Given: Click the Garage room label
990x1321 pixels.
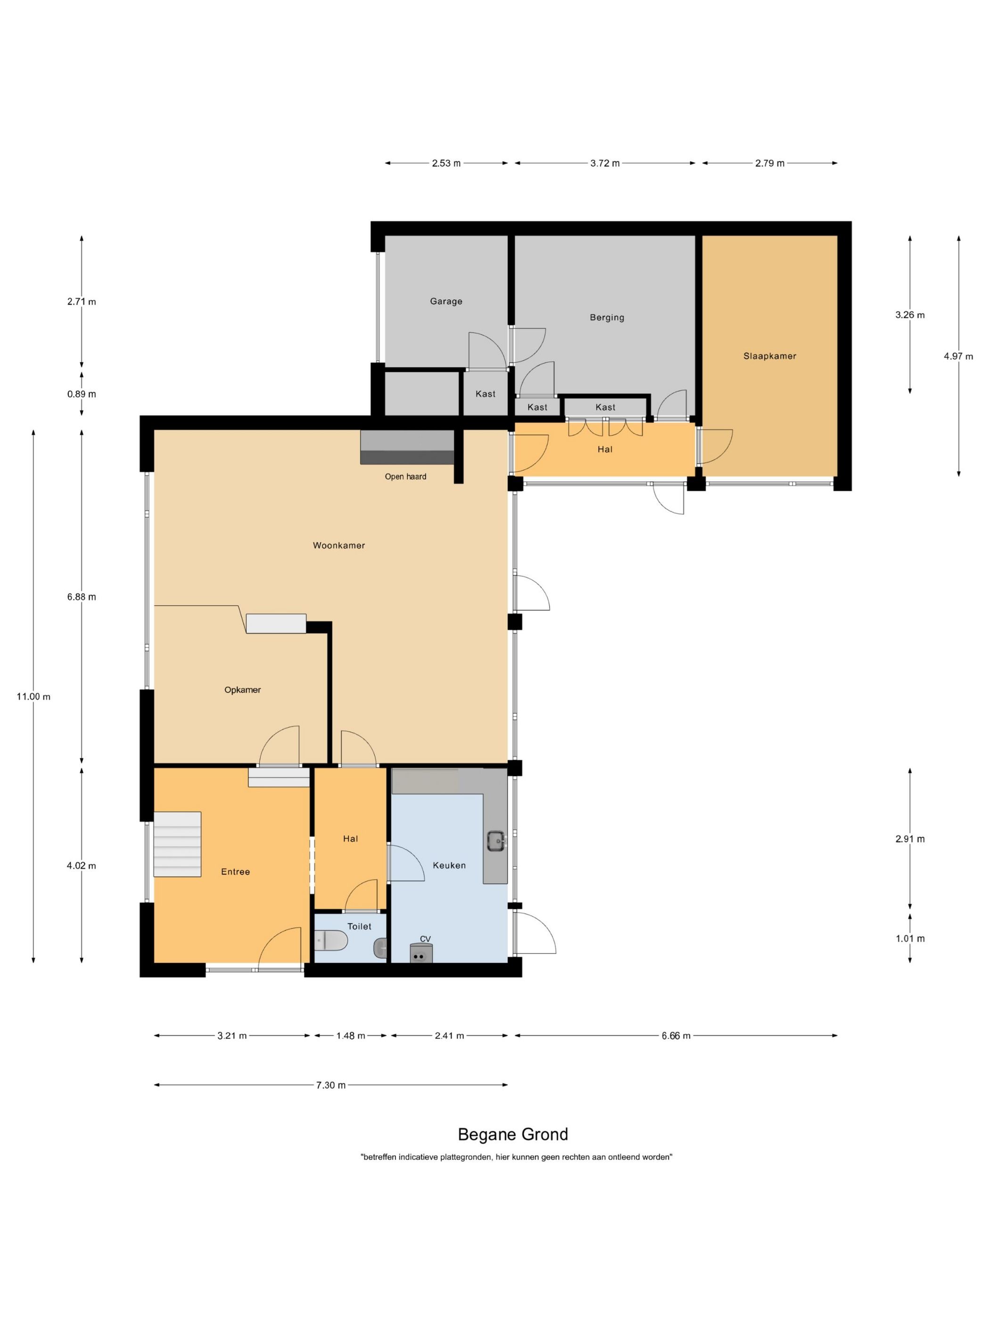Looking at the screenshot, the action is click(x=446, y=301).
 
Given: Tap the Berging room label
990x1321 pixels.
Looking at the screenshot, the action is click(x=607, y=317).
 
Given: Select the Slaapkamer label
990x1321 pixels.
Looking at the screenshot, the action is click(x=770, y=356).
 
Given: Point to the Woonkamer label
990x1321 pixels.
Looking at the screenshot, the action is click(x=339, y=545).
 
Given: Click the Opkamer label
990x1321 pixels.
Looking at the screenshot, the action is click(x=242, y=690).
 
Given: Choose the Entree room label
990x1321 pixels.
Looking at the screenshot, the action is click(x=235, y=872).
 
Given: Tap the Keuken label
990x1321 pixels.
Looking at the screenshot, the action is click(x=449, y=865).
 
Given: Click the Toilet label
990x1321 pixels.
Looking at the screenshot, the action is click(x=359, y=926).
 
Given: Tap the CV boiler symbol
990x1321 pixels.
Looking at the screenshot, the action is click(x=420, y=953).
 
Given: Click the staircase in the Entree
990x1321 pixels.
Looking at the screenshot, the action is click(x=177, y=844).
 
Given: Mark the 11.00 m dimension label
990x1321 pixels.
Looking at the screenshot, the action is click(x=33, y=696).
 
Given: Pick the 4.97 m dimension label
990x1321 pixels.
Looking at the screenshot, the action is click(x=958, y=357).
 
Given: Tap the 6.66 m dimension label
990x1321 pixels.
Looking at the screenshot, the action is click(x=676, y=1036).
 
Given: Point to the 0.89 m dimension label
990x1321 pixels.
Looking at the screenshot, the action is click(x=82, y=394).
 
